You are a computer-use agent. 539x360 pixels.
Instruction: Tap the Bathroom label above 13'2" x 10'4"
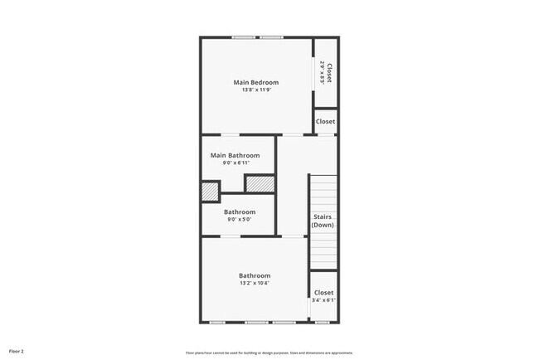(255, 275)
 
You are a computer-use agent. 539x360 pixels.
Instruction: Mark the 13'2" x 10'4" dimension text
(255, 284)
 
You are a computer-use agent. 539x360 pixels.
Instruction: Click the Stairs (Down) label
(323, 221)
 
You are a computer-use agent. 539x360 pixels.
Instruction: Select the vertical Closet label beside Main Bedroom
(329, 74)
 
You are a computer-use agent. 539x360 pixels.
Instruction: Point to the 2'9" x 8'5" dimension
(322, 74)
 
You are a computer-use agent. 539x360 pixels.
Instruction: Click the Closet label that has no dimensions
(325, 122)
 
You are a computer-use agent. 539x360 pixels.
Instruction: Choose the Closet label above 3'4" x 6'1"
(323, 293)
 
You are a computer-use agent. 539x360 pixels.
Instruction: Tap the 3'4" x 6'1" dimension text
(323, 301)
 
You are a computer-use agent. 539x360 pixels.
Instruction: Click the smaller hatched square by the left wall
(211, 191)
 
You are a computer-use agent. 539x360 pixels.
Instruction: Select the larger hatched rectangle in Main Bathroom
(258, 183)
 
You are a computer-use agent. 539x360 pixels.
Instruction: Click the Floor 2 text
(17, 351)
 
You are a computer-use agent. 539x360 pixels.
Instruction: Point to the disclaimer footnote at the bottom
(269, 351)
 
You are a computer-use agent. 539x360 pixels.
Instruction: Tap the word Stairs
(323, 216)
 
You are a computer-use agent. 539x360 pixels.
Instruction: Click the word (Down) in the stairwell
(323, 225)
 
